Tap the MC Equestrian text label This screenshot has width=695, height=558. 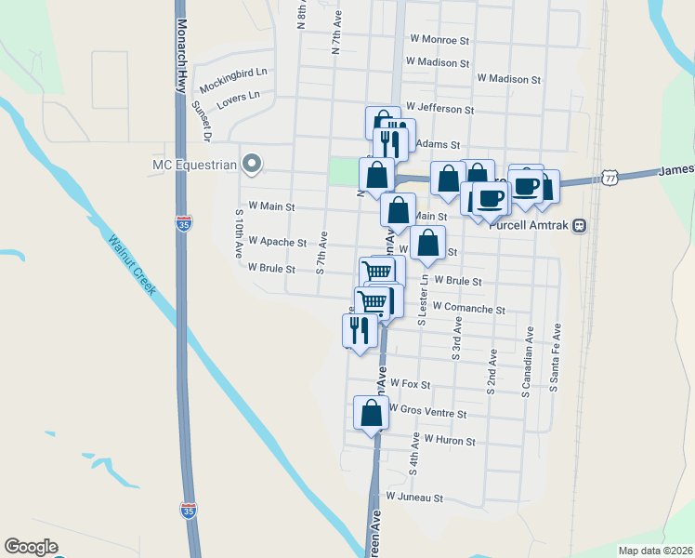(x=195, y=166)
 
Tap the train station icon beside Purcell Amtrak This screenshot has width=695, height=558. (x=580, y=225)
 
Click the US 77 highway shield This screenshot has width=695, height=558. (x=610, y=177)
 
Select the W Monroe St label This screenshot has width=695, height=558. (x=439, y=40)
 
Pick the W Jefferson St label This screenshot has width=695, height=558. (x=439, y=109)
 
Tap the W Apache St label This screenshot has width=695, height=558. (x=277, y=242)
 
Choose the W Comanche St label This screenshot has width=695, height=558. (x=468, y=309)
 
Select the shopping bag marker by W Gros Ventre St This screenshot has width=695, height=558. (x=371, y=413)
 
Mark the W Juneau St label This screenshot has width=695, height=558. (x=414, y=498)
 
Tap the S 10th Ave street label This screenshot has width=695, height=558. (x=239, y=234)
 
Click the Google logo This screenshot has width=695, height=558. (x=31, y=547)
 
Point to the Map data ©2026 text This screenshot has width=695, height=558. (x=655, y=551)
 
